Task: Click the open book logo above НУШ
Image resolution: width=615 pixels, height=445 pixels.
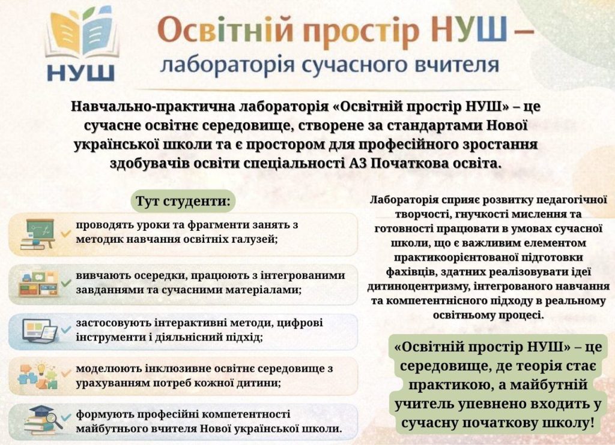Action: [82, 34]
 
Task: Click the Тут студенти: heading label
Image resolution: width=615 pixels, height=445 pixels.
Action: [183, 202]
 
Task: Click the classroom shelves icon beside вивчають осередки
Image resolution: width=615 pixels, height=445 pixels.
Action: [39, 284]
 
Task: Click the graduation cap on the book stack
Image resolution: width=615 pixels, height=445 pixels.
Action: [41, 411]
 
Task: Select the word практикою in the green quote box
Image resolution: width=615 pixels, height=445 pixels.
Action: [443, 384]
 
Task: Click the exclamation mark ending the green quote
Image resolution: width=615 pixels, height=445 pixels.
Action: [591, 422]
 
